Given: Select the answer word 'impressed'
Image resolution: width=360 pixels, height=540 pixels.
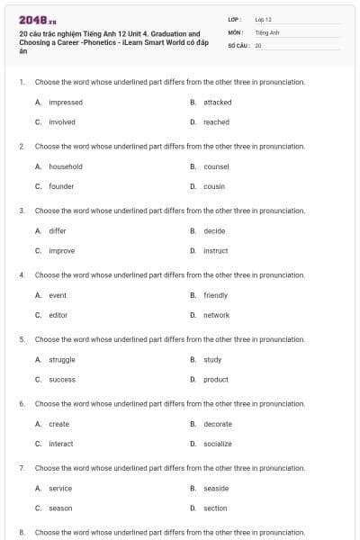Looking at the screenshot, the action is point(66,103).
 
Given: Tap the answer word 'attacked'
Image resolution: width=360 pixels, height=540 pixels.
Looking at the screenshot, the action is point(217,103).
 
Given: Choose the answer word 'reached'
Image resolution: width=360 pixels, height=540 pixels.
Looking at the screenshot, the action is point(216,122).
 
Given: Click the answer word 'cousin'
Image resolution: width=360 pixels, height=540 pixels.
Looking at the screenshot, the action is point(214,186).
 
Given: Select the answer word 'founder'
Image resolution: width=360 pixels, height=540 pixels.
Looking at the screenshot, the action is point(61,186).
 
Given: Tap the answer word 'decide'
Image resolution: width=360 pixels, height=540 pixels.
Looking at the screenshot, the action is point(214,231).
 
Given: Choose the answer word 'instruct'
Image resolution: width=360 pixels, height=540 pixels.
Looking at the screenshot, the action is point(216,251).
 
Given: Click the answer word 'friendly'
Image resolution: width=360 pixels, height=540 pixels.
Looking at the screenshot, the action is point(215,295).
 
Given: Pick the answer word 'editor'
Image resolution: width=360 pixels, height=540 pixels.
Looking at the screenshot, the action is point(58,315).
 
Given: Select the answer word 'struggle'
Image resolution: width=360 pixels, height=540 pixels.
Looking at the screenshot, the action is point(62,360).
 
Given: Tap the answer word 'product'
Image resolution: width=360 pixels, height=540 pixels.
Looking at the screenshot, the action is point(216,380).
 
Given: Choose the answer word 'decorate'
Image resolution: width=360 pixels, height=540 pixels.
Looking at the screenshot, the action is point(218,424).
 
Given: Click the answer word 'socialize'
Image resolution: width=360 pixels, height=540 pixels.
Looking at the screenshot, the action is point(218,444).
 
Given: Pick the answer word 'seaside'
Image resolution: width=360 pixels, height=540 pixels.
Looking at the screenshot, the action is point(216,489).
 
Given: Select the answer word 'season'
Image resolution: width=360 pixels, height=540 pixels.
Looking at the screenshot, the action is point(60,508).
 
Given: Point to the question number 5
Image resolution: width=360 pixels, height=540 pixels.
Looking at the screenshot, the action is point(22,339).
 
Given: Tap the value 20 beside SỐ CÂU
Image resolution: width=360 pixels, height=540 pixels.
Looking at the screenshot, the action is point(258,45).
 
